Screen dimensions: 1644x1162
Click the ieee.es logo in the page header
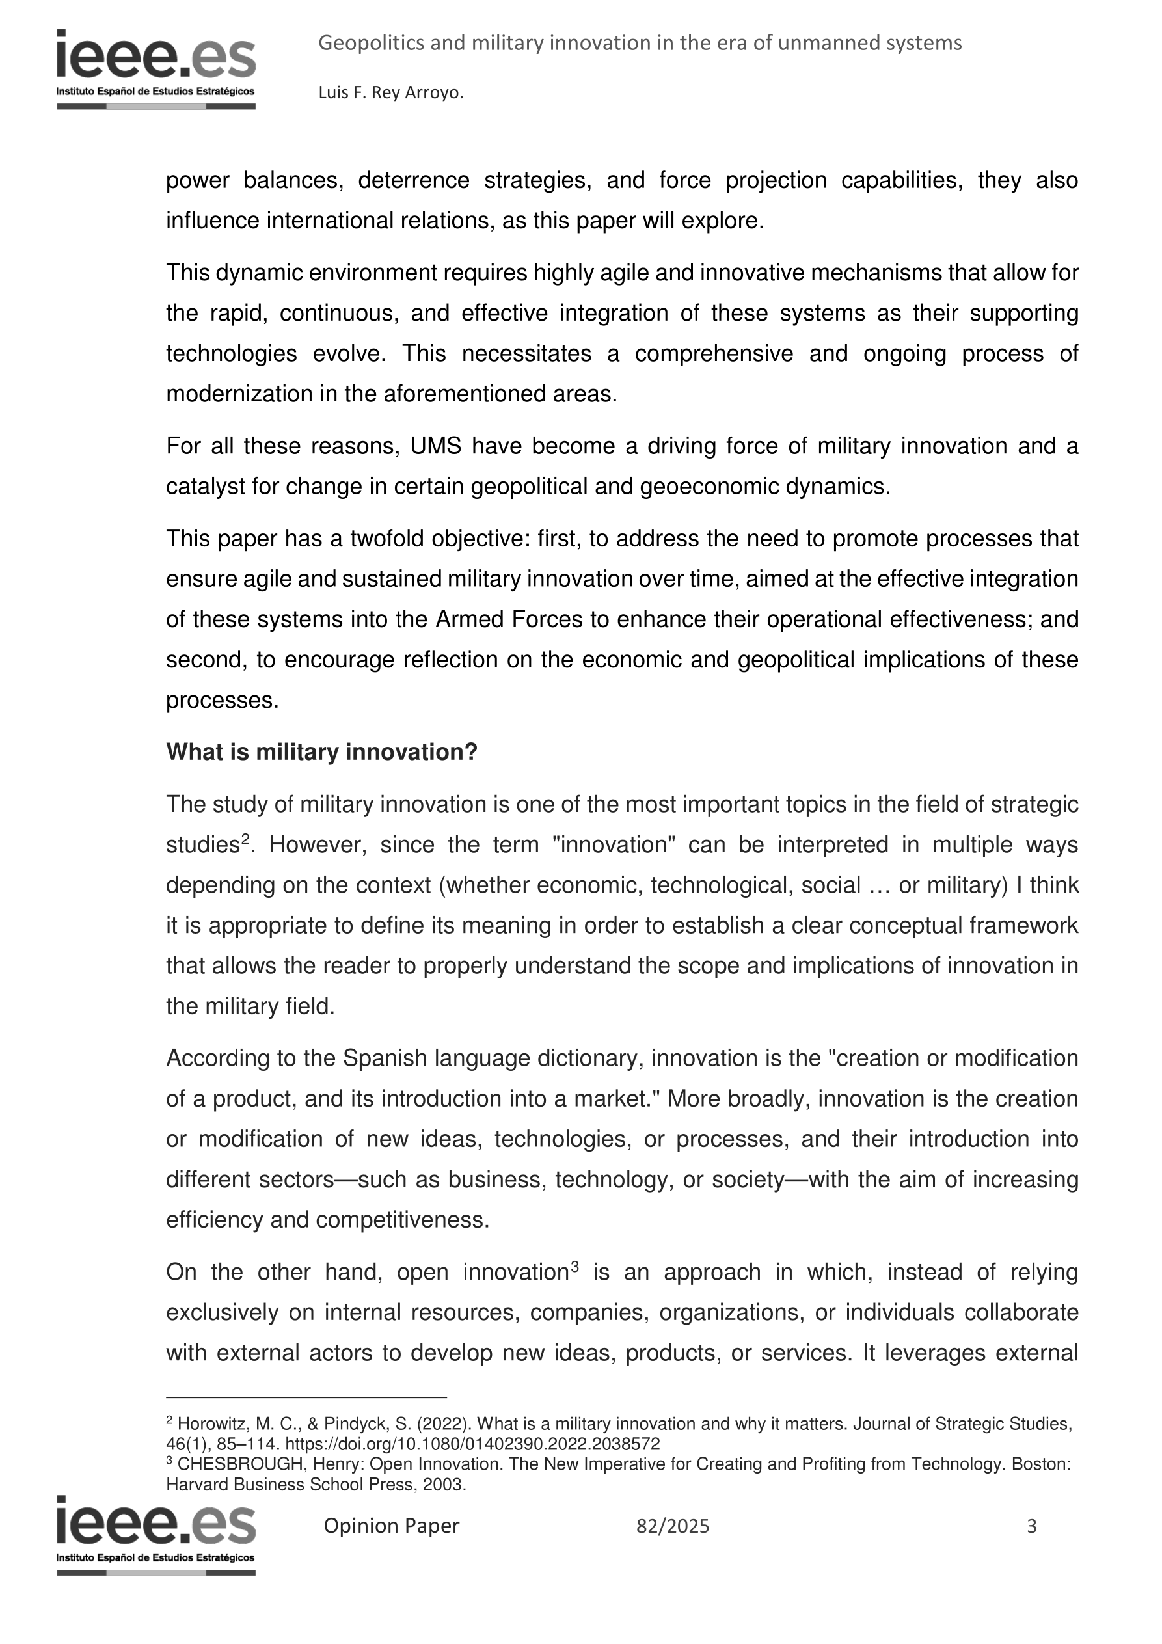[155, 68]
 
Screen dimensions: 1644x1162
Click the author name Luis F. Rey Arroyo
[390, 93]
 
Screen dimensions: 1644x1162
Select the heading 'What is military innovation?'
[321, 752]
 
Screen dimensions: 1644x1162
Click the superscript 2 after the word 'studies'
[245, 839]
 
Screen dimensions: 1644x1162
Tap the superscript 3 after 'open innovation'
[574, 1266]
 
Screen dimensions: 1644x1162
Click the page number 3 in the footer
[1032, 1526]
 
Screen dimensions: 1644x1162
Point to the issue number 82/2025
[672, 1526]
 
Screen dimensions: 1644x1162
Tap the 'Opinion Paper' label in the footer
[391, 1526]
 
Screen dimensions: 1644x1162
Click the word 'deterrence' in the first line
[413, 180]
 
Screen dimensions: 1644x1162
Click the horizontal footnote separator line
[306, 1397]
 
